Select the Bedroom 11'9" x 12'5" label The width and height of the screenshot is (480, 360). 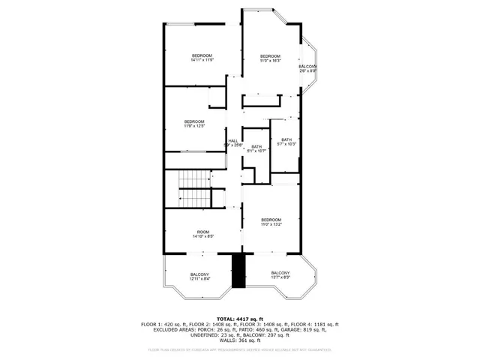pyautogui.click(x=194, y=124)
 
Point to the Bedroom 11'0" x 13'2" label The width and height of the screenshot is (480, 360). pyautogui.click(x=271, y=222)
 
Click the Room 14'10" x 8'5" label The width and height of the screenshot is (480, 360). pyautogui.click(x=203, y=234)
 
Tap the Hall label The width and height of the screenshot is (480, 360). pyautogui.click(x=233, y=142)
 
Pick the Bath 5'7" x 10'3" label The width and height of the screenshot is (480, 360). pyautogui.click(x=286, y=142)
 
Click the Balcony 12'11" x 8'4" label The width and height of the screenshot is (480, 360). pyautogui.click(x=199, y=277)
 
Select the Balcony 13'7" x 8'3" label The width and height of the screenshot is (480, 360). pyautogui.click(x=280, y=274)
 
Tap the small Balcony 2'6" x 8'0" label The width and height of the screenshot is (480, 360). pyautogui.click(x=307, y=69)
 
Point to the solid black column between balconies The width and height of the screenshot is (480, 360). pyautogui.click(x=239, y=271)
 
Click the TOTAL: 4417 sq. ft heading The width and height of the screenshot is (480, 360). pyautogui.click(x=240, y=318)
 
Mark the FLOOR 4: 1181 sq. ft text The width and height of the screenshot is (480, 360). pyautogui.click(x=315, y=324)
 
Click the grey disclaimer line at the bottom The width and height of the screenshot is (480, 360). pyautogui.click(x=240, y=349)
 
